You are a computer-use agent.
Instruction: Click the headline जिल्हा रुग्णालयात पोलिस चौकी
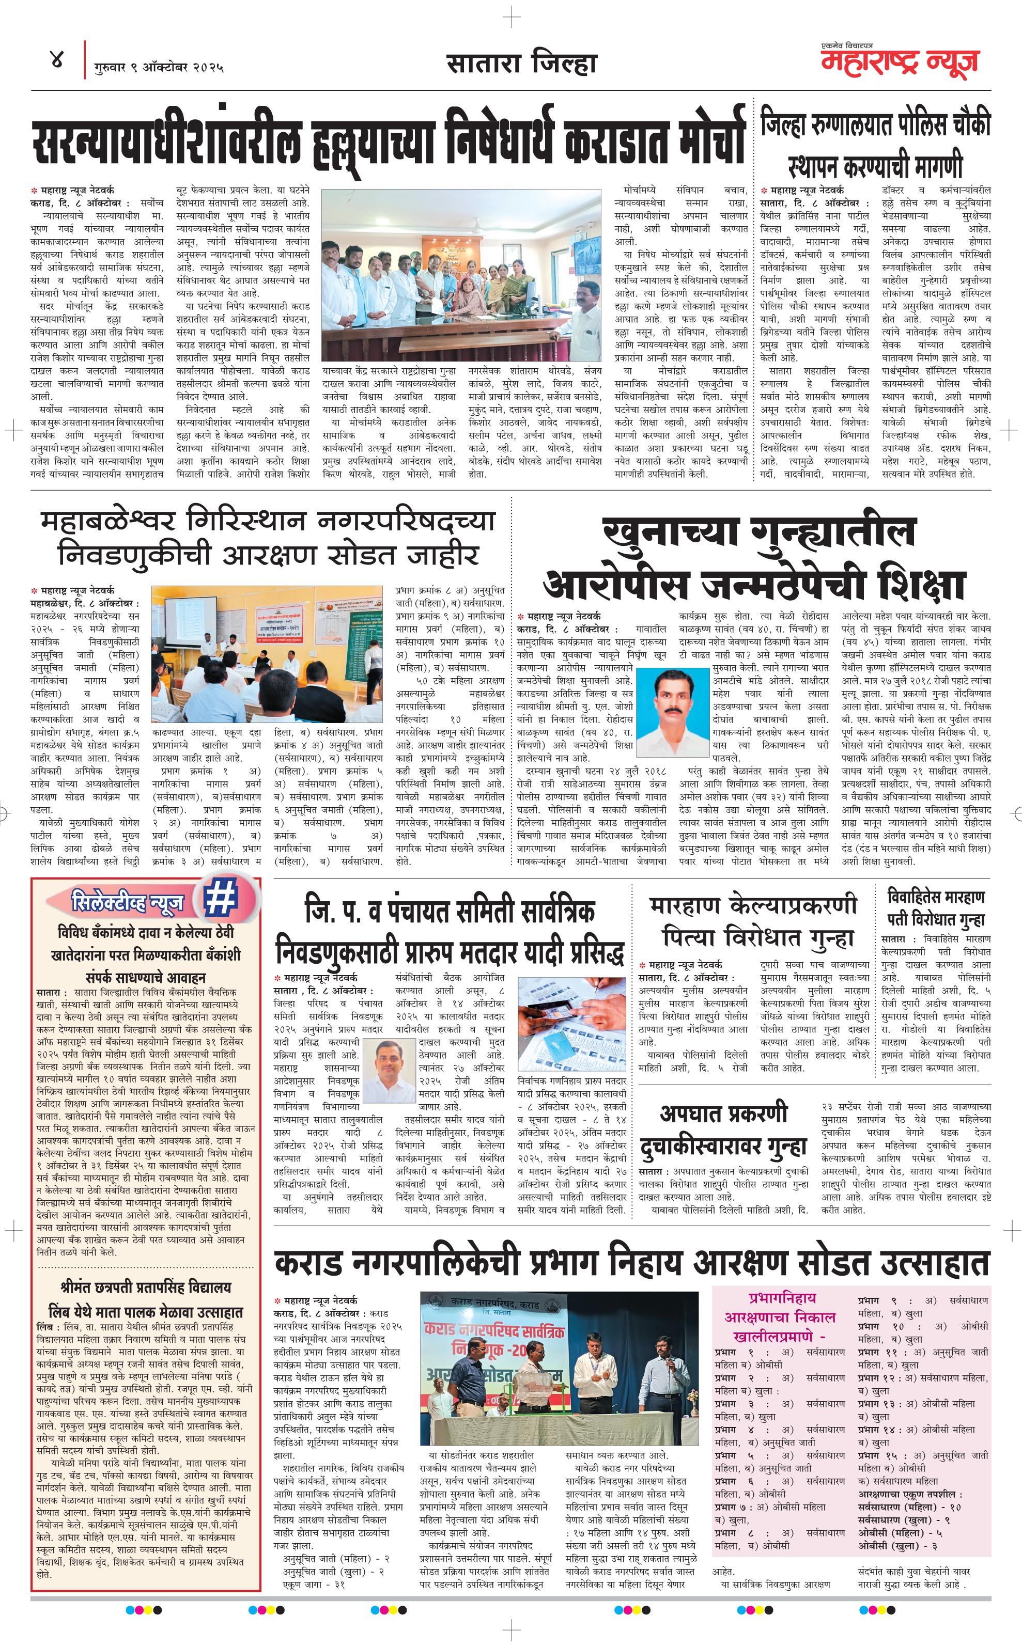click(x=875, y=125)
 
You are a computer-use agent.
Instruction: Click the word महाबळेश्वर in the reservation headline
click(x=108, y=522)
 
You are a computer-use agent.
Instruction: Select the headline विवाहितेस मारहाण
click(x=936, y=897)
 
